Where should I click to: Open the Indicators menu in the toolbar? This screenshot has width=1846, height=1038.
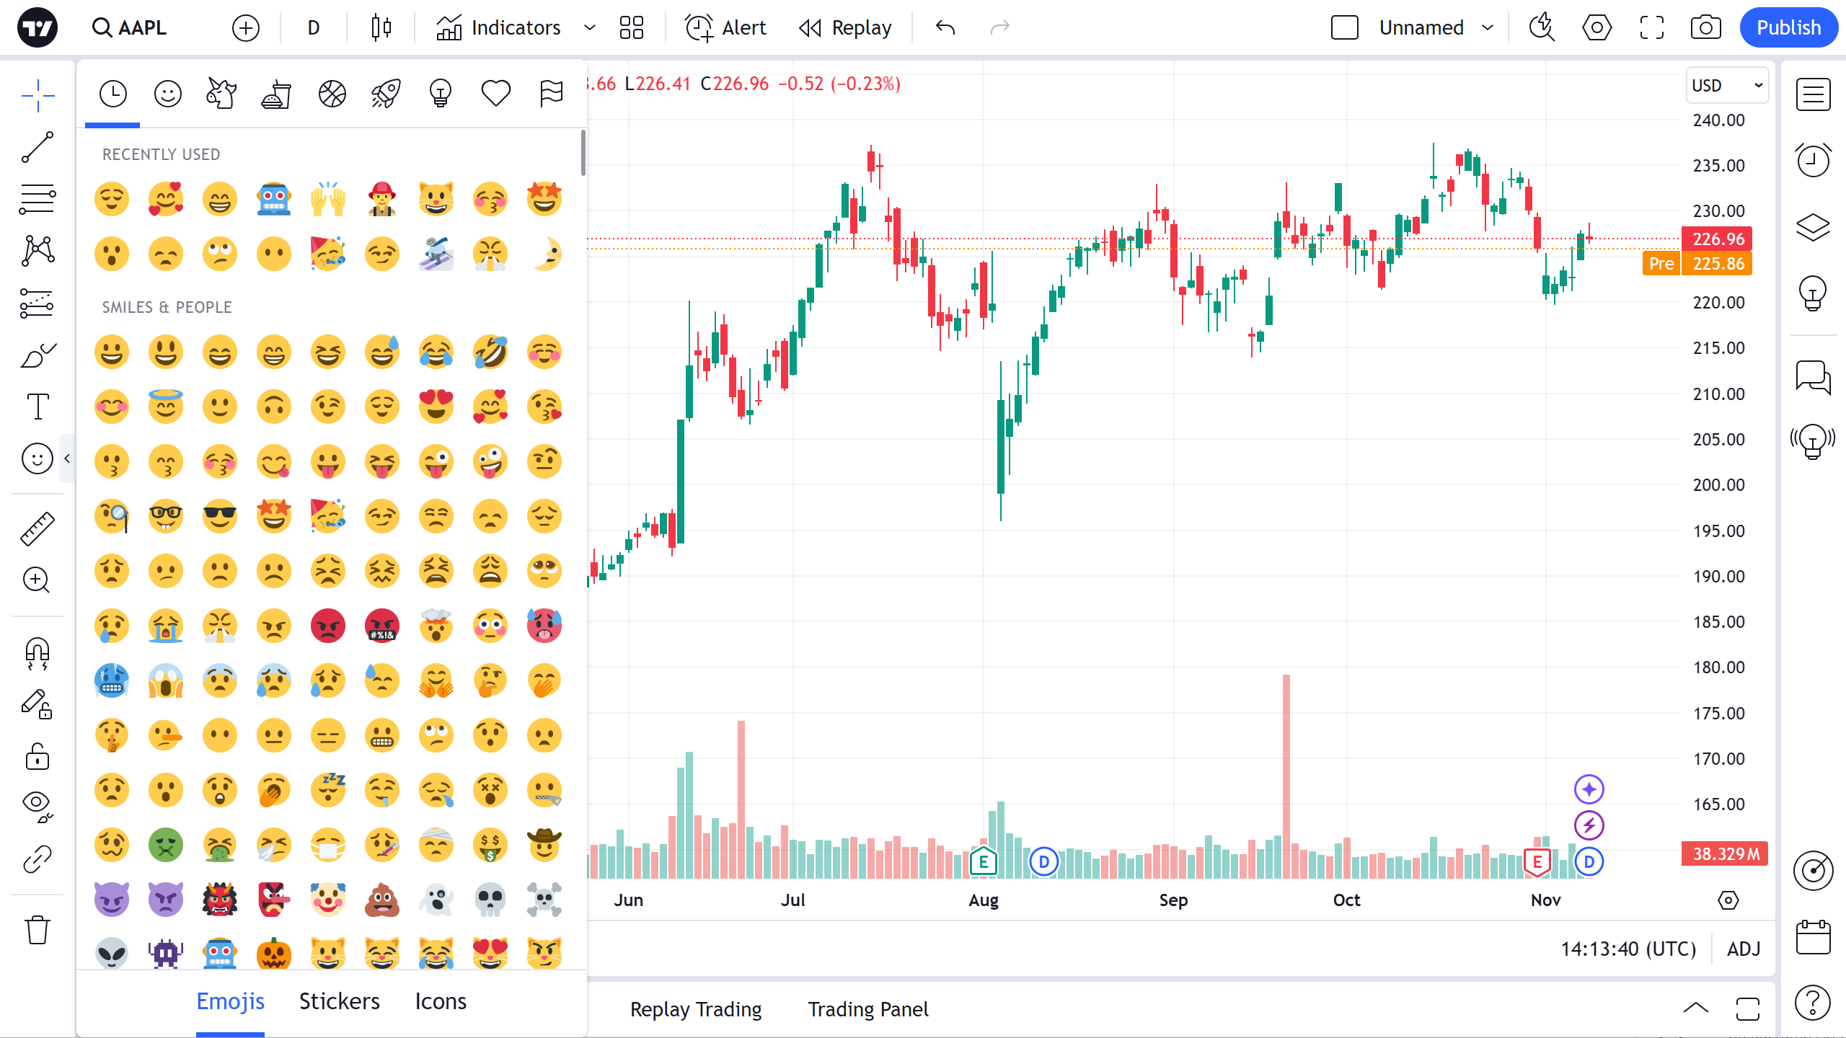(x=499, y=27)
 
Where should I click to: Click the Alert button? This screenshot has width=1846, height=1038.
(x=725, y=27)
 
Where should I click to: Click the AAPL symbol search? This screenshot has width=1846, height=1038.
(x=131, y=27)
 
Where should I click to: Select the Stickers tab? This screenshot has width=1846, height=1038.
(x=339, y=1001)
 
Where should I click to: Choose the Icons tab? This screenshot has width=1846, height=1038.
(x=441, y=1001)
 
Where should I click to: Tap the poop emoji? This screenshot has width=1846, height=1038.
(x=382, y=899)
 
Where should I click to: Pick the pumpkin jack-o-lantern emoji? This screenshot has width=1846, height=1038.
(x=274, y=953)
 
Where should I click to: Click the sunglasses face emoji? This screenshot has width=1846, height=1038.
(x=220, y=516)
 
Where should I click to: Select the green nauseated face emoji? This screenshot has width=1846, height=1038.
(x=166, y=845)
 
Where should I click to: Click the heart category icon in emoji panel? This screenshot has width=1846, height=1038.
(x=495, y=93)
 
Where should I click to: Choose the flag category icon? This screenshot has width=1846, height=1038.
(x=551, y=93)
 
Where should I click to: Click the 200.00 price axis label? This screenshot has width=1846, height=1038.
(x=1718, y=485)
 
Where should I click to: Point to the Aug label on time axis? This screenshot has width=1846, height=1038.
(x=983, y=900)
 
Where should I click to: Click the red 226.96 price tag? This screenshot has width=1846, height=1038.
(x=1718, y=239)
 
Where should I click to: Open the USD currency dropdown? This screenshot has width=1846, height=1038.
(x=1726, y=86)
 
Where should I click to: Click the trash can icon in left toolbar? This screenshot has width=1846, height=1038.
(x=37, y=930)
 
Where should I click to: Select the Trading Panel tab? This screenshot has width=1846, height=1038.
(x=867, y=1009)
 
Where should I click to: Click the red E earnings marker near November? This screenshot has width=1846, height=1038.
(x=1537, y=861)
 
